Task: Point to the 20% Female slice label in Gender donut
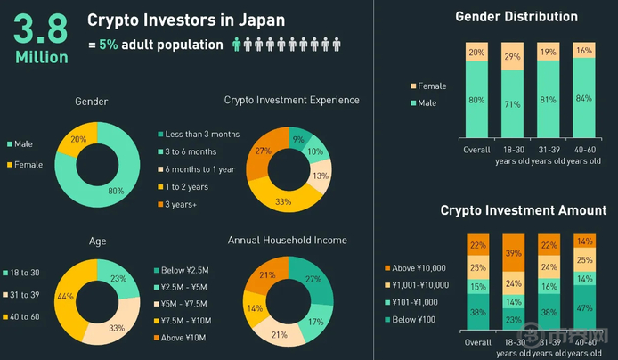click(x=77, y=139)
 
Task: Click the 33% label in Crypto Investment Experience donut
click(x=283, y=202)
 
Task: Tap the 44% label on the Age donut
click(x=64, y=296)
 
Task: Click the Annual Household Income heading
click(x=287, y=240)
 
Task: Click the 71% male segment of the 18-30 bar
click(x=514, y=103)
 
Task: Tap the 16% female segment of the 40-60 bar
click(x=583, y=51)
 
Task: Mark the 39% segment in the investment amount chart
click(x=514, y=253)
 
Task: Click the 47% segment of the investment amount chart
click(x=583, y=308)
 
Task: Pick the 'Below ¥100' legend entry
click(x=414, y=319)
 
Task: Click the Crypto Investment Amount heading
click(x=524, y=210)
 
